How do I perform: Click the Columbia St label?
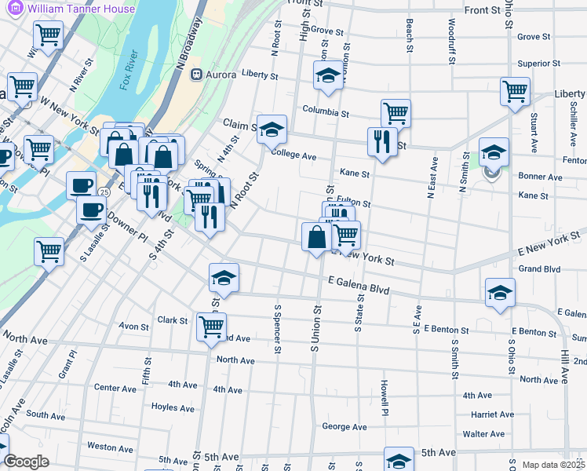325,112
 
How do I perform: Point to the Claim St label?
240,124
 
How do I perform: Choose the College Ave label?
293,156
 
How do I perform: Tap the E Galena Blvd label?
359,288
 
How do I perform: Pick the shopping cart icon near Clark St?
211,327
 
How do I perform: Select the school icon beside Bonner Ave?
494,153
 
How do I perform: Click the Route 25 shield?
104,192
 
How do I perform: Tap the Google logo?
26,462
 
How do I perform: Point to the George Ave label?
344,427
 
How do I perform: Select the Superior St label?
538,64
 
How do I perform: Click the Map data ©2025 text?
554,465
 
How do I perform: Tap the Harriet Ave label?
492,414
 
